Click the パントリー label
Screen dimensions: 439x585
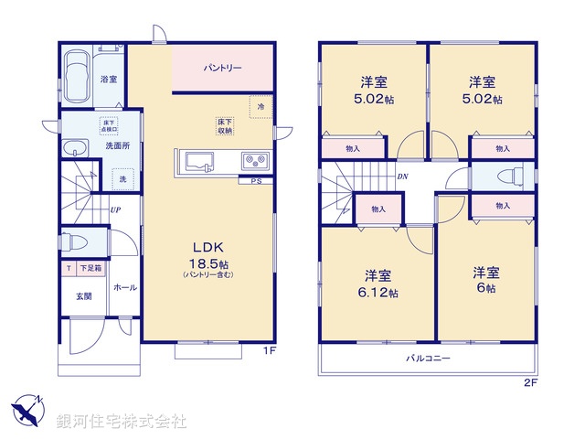222,68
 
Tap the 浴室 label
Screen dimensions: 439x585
108,80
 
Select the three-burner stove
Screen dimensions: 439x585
254,162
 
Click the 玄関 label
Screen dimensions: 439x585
83,296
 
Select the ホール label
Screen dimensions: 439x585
125,288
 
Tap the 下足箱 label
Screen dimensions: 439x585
90,269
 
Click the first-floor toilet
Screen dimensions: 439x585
79,241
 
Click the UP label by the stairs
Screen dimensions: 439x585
116,210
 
